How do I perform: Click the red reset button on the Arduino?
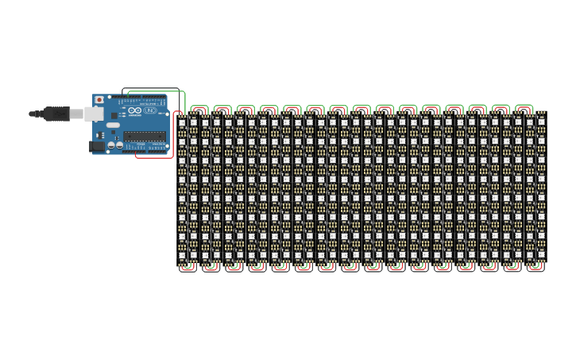99,100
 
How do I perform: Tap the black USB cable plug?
56,114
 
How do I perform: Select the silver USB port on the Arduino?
93,114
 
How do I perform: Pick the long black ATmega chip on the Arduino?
145,136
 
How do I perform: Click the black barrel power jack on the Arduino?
97,146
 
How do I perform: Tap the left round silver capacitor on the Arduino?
111,145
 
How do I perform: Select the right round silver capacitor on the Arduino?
119,145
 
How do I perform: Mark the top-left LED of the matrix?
182,123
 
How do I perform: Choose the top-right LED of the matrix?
540,123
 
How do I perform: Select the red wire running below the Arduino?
155,157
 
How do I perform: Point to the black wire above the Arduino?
151,88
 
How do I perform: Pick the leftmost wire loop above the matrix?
199,106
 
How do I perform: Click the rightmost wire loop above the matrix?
523,106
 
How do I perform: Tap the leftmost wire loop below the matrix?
187,269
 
